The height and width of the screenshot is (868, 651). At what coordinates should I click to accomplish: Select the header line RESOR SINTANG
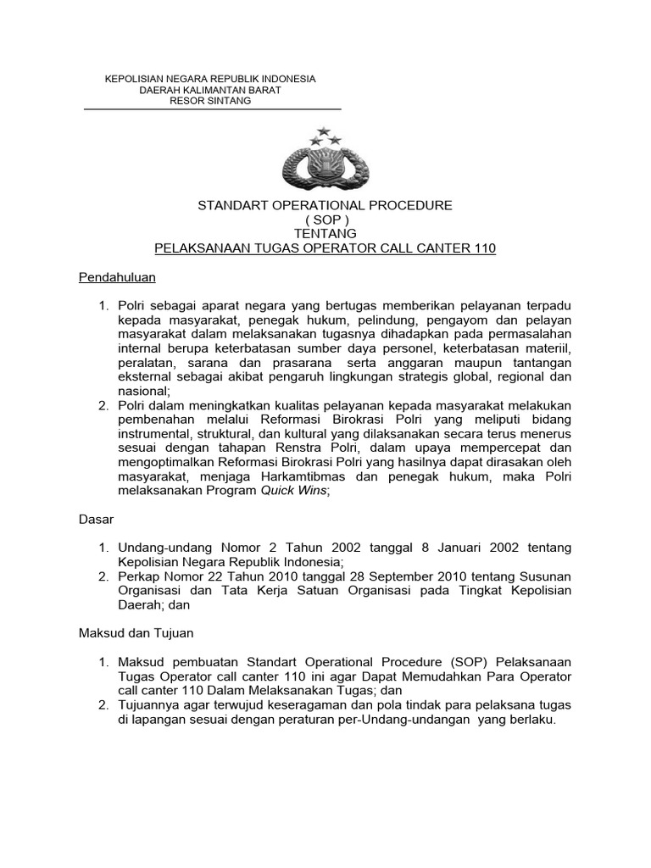(x=210, y=101)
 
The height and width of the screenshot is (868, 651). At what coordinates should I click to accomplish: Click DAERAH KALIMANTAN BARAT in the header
(x=210, y=90)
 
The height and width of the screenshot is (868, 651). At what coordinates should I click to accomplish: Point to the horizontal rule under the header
(x=212, y=109)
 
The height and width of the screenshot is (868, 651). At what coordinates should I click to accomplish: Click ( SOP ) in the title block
(x=325, y=220)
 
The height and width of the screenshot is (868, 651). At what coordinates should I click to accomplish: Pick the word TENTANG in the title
(x=325, y=234)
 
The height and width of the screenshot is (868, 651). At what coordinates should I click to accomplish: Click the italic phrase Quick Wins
(x=288, y=492)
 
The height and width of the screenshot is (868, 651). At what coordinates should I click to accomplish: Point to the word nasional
(x=142, y=392)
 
